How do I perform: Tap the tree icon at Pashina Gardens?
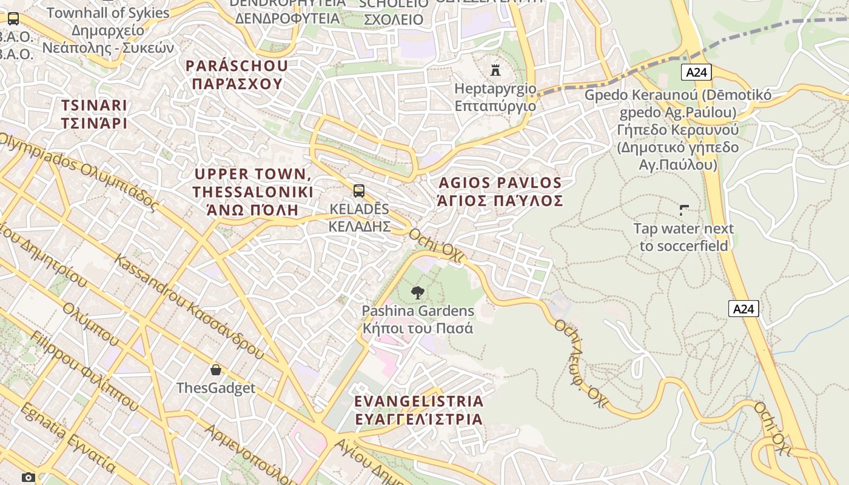(417, 293)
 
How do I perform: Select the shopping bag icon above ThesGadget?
(215, 369)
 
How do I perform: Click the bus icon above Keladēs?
(359, 191)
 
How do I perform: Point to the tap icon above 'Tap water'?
(684, 210)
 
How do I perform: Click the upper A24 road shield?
(696, 73)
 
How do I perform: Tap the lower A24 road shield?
(743, 309)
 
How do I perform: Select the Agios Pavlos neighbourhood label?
(500, 192)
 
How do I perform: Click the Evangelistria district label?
(418, 410)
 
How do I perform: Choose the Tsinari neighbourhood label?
(94, 114)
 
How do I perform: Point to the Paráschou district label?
(237, 75)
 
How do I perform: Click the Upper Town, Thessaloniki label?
(253, 192)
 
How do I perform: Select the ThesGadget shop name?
(216, 388)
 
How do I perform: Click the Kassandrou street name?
(189, 306)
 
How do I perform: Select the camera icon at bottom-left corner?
(29, 477)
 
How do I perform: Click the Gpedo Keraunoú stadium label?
(677, 130)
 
